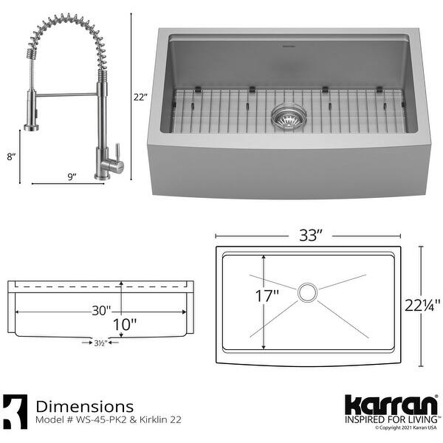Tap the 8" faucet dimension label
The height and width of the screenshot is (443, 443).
pyautogui.click(x=10, y=157)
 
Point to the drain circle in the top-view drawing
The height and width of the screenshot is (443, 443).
pyautogui.click(x=309, y=292)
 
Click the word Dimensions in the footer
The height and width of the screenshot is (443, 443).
pyautogui.click(x=85, y=405)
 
